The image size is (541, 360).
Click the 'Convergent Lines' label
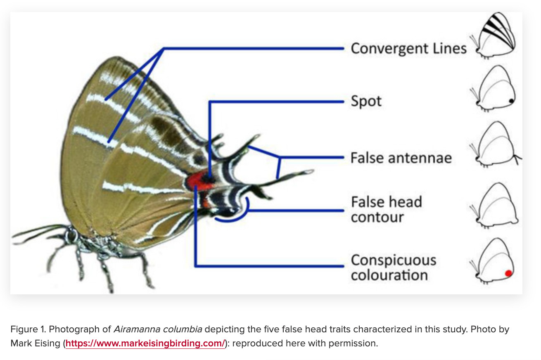coord(408,49)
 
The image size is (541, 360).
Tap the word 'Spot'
coord(366,101)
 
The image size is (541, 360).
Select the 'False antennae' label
coord(401,158)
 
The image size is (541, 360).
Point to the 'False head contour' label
coord(387,209)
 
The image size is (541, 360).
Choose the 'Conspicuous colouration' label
coord(394,267)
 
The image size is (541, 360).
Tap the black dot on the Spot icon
coord(511,101)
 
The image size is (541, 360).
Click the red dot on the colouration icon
coord(508,273)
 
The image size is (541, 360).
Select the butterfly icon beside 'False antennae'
coord(496,144)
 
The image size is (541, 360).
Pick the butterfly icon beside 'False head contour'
coord(494,205)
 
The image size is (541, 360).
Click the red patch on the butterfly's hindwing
coord(199,180)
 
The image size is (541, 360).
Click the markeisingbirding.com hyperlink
coord(145,343)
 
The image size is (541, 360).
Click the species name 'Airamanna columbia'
coord(158,329)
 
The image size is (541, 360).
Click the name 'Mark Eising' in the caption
coord(36,343)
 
